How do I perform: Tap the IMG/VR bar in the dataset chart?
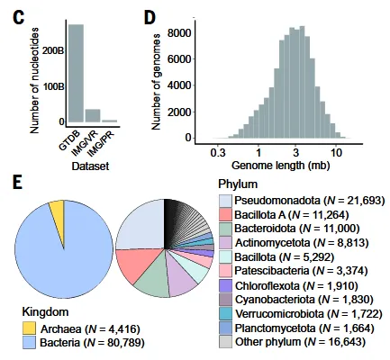[92, 115]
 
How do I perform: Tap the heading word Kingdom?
[48, 311]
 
